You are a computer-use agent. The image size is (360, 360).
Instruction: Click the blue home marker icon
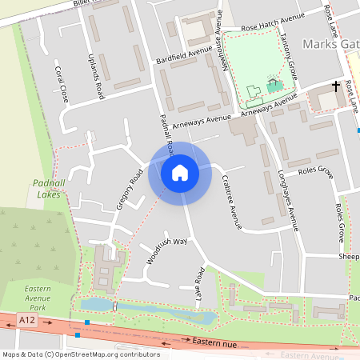tap(179, 173)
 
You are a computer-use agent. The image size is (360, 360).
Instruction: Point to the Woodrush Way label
tap(166, 251)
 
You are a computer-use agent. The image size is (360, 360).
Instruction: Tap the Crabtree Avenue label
tap(232, 201)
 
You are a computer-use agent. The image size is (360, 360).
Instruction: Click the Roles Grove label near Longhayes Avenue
tap(315, 170)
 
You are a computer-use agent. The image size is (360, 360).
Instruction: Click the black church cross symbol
tap(336, 85)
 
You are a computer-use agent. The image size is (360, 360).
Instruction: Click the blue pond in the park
tap(144, 310)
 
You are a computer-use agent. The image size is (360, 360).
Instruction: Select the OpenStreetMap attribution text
tap(81, 354)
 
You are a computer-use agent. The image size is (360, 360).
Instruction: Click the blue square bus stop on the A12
tap(86, 323)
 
